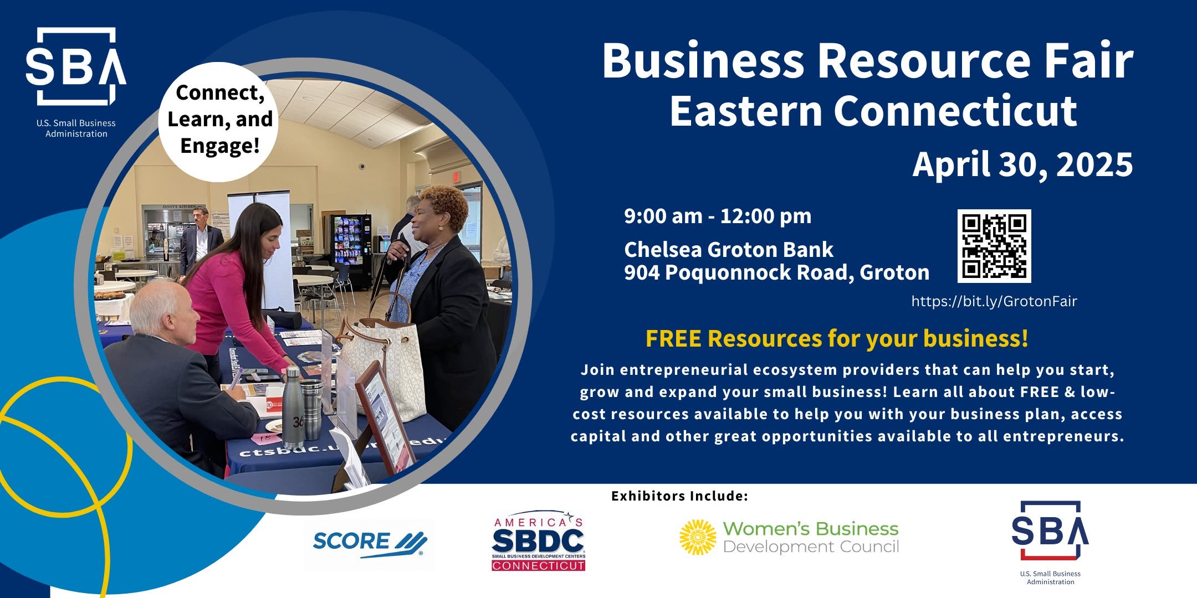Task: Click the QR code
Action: point(994,246)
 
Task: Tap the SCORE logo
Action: point(369,543)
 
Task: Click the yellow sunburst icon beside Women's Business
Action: point(698,537)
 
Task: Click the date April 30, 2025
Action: point(1022,164)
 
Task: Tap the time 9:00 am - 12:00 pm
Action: point(718,216)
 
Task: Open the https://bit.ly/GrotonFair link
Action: point(994,302)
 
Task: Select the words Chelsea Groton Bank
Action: point(728,250)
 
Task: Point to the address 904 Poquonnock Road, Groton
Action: point(776,272)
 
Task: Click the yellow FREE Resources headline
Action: point(837,338)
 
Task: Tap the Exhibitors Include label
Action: point(679,496)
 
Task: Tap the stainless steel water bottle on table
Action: point(293,406)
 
